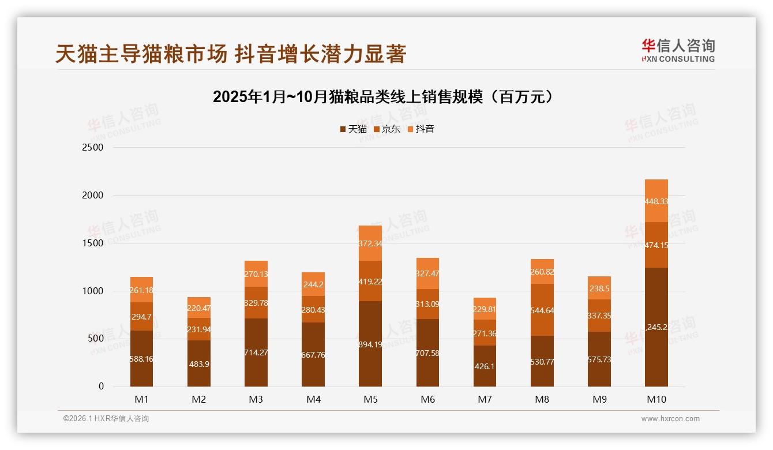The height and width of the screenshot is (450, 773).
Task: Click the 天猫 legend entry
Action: [x=353, y=129]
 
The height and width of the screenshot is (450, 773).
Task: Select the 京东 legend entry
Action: [x=386, y=129]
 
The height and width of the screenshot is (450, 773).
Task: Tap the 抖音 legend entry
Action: [x=421, y=129]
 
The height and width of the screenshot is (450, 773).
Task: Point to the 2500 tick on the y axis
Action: [x=93, y=148]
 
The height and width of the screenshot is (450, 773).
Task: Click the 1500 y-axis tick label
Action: [x=93, y=243]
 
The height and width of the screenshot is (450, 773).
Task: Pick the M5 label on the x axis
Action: [x=370, y=399]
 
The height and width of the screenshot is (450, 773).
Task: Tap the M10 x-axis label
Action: [x=656, y=399]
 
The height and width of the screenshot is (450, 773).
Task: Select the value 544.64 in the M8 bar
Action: [x=542, y=310]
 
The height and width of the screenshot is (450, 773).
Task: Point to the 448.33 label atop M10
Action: [x=656, y=201]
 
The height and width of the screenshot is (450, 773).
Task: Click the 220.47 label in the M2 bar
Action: [x=199, y=308]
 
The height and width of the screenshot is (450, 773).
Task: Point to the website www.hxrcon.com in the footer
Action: [x=670, y=419]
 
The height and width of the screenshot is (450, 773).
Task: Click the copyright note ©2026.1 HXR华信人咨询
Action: [x=106, y=419]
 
